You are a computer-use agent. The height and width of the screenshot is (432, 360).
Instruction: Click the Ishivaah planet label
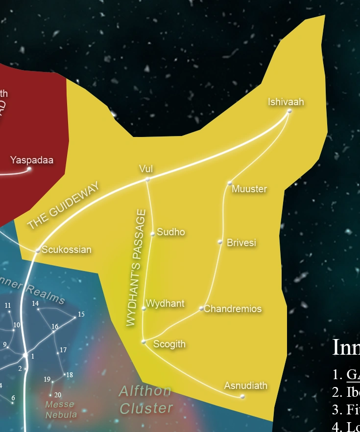tap(286, 102)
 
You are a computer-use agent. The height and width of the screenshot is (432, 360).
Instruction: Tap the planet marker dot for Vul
tap(147, 180)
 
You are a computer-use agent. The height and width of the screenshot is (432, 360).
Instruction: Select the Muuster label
tap(249, 189)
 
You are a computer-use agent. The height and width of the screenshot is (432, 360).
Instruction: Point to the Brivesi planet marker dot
tap(220, 242)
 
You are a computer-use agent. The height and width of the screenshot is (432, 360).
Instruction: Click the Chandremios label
tap(233, 309)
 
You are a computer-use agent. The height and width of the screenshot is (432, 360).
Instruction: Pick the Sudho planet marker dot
tap(153, 234)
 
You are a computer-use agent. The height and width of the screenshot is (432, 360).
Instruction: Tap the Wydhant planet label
tap(165, 303)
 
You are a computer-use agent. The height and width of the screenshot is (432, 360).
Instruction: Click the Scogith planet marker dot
tap(144, 341)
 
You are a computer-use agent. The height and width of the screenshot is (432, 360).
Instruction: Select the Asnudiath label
tap(246, 386)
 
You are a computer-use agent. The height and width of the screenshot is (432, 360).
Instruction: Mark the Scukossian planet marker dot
tap(38, 250)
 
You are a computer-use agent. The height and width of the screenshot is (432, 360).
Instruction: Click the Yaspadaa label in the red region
tap(32, 160)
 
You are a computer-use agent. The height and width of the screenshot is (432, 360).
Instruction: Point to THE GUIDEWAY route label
tap(63, 205)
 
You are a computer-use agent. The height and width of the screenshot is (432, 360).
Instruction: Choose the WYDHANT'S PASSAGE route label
tap(135, 268)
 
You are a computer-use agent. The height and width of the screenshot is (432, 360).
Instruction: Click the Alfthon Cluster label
tap(146, 399)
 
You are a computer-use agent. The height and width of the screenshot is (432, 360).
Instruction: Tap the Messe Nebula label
tap(60, 409)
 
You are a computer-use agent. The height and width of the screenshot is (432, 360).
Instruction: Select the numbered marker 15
tap(81, 314)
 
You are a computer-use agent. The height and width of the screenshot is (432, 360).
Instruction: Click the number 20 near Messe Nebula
tap(58, 395)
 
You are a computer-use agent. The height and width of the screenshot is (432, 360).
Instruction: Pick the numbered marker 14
tap(35, 303)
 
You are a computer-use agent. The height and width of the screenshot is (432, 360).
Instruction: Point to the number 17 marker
tap(63, 350)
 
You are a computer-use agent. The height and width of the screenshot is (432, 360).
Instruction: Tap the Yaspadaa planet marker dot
tap(29, 169)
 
